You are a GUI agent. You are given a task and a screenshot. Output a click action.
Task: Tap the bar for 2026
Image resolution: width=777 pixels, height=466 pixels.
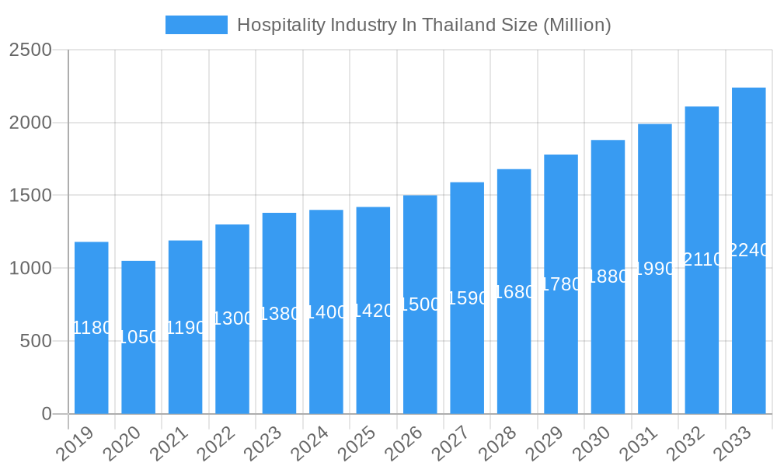420,357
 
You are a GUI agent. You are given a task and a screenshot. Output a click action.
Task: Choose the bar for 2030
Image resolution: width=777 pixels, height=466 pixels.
608,349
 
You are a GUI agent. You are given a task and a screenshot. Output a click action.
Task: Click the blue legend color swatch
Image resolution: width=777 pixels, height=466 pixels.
197,25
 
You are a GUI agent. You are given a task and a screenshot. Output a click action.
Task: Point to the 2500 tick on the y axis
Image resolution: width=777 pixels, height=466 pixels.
30,50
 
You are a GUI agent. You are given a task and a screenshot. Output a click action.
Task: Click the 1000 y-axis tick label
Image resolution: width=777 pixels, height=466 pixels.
30,268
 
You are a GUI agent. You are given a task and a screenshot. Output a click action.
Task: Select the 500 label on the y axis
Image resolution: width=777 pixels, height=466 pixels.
36,341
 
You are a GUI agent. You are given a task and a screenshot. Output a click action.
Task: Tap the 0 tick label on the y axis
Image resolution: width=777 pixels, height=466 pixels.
47,414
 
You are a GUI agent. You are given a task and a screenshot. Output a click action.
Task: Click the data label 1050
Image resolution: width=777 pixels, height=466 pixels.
138,337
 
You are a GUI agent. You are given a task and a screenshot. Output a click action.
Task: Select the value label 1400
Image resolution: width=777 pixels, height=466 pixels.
326,312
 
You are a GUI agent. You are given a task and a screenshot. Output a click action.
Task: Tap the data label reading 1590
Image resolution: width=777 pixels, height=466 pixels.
467,298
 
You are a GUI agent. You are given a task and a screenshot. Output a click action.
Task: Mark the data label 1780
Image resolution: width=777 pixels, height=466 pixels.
561,284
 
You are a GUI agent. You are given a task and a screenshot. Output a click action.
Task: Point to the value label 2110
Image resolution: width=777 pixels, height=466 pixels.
702,259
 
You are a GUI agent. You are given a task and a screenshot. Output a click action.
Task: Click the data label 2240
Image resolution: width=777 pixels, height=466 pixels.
749,250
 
